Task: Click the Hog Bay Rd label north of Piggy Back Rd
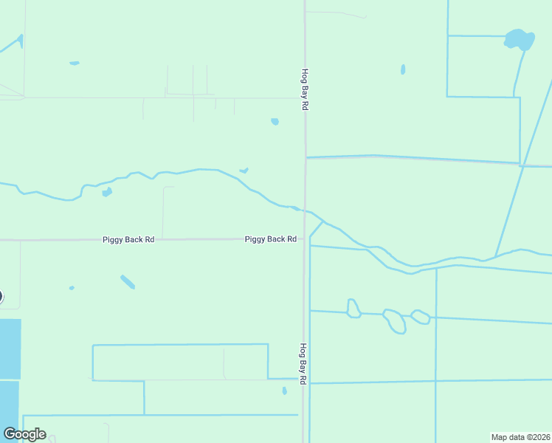click(x=303, y=89)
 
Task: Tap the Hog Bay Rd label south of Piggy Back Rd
click(x=303, y=363)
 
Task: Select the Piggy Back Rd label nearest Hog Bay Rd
click(x=270, y=239)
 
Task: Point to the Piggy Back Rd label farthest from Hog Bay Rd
click(x=128, y=240)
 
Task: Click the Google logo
click(x=24, y=434)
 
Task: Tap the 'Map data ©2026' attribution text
click(x=520, y=437)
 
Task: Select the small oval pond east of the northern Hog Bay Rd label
click(x=403, y=69)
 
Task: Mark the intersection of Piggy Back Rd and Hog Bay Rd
click(x=304, y=238)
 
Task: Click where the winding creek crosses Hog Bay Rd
click(x=305, y=210)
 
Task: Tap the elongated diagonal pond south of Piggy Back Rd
click(x=128, y=282)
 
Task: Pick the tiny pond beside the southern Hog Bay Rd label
click(x=284, y=391)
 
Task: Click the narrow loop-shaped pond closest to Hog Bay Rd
click(x=353, y=308)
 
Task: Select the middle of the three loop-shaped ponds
click(x=395, y=320)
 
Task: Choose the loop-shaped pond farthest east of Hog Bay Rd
click(x=421, y=317)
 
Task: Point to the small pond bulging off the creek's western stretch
click(x=107, y=192)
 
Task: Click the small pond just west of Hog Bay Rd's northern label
click(x=275, y=121)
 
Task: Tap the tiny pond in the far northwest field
click(x=74, y=63)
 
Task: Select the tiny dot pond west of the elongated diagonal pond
click(x=72, y=287)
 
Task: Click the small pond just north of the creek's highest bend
click(x=244, y=171)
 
